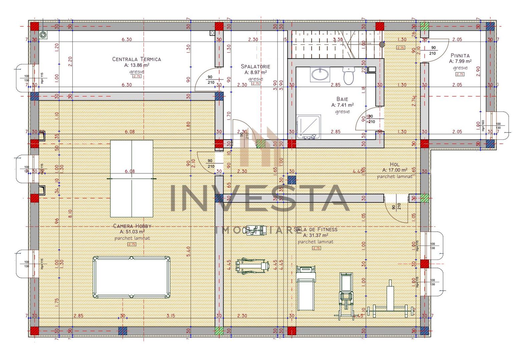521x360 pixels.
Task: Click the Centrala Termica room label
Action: pos(136,59)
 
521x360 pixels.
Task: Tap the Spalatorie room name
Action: pos(255,67)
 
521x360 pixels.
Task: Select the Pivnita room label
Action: pos(460,56)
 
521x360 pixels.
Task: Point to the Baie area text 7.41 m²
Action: pos(342,105)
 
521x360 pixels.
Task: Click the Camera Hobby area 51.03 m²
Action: pos(132,232)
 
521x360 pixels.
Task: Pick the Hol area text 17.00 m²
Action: pos(395,170)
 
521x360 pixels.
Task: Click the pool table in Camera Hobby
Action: pos(131,277)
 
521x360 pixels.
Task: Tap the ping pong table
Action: pos(132,179)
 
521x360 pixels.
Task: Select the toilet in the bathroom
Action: pos(349,76)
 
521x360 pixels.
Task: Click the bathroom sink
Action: pos(320,74)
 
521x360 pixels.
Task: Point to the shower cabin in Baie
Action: pos(309,127)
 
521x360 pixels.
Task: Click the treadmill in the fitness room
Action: pos(306,288)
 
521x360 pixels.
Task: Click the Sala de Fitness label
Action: pos(316,229)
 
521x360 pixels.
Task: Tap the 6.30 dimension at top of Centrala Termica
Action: pos(126,39)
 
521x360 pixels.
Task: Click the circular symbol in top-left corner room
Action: pos(43,35)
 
